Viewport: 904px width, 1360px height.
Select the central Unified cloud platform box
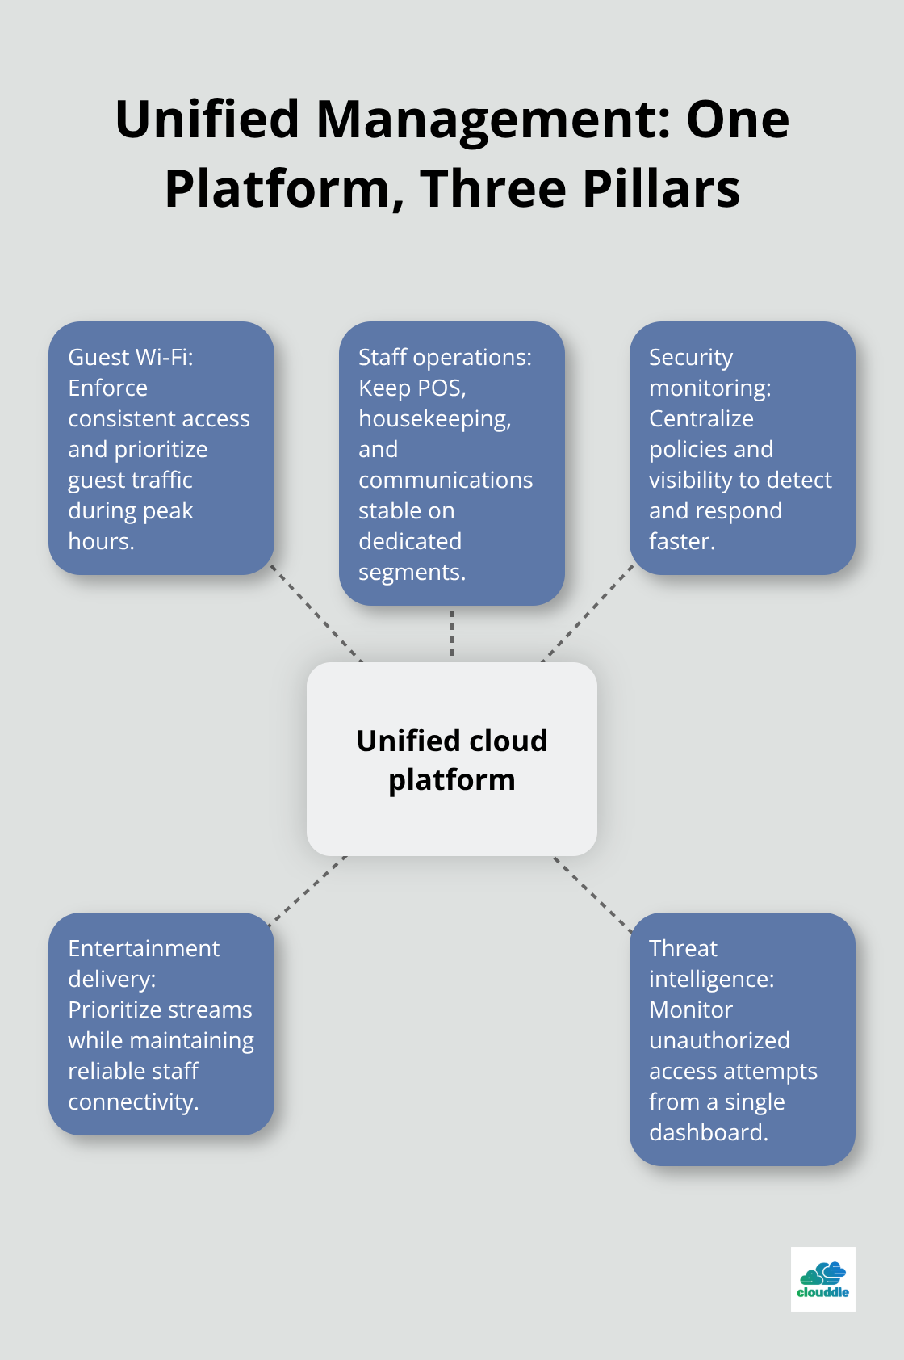tap(452, 759)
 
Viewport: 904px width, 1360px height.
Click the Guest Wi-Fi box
tap(161, 448)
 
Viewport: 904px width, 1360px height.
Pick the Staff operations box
tap(452, 464)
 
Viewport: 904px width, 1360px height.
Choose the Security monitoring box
tap(743, 448)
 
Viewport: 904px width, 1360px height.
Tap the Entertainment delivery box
tap(161, 1024)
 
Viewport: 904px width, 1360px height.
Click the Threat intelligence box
tap(743, 1039)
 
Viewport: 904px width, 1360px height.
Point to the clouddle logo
tap(822, 1278)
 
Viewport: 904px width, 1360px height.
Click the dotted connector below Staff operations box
tap(452, 633)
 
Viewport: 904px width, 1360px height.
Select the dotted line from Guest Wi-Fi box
tap(316, 614)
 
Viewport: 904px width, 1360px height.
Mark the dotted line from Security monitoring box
tap(588, 614)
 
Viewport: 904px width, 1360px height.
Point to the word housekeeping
tap(434, 419)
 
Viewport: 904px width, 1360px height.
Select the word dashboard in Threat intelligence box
tap(708, 1133)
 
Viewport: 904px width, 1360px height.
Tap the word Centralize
tap(701, 419)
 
